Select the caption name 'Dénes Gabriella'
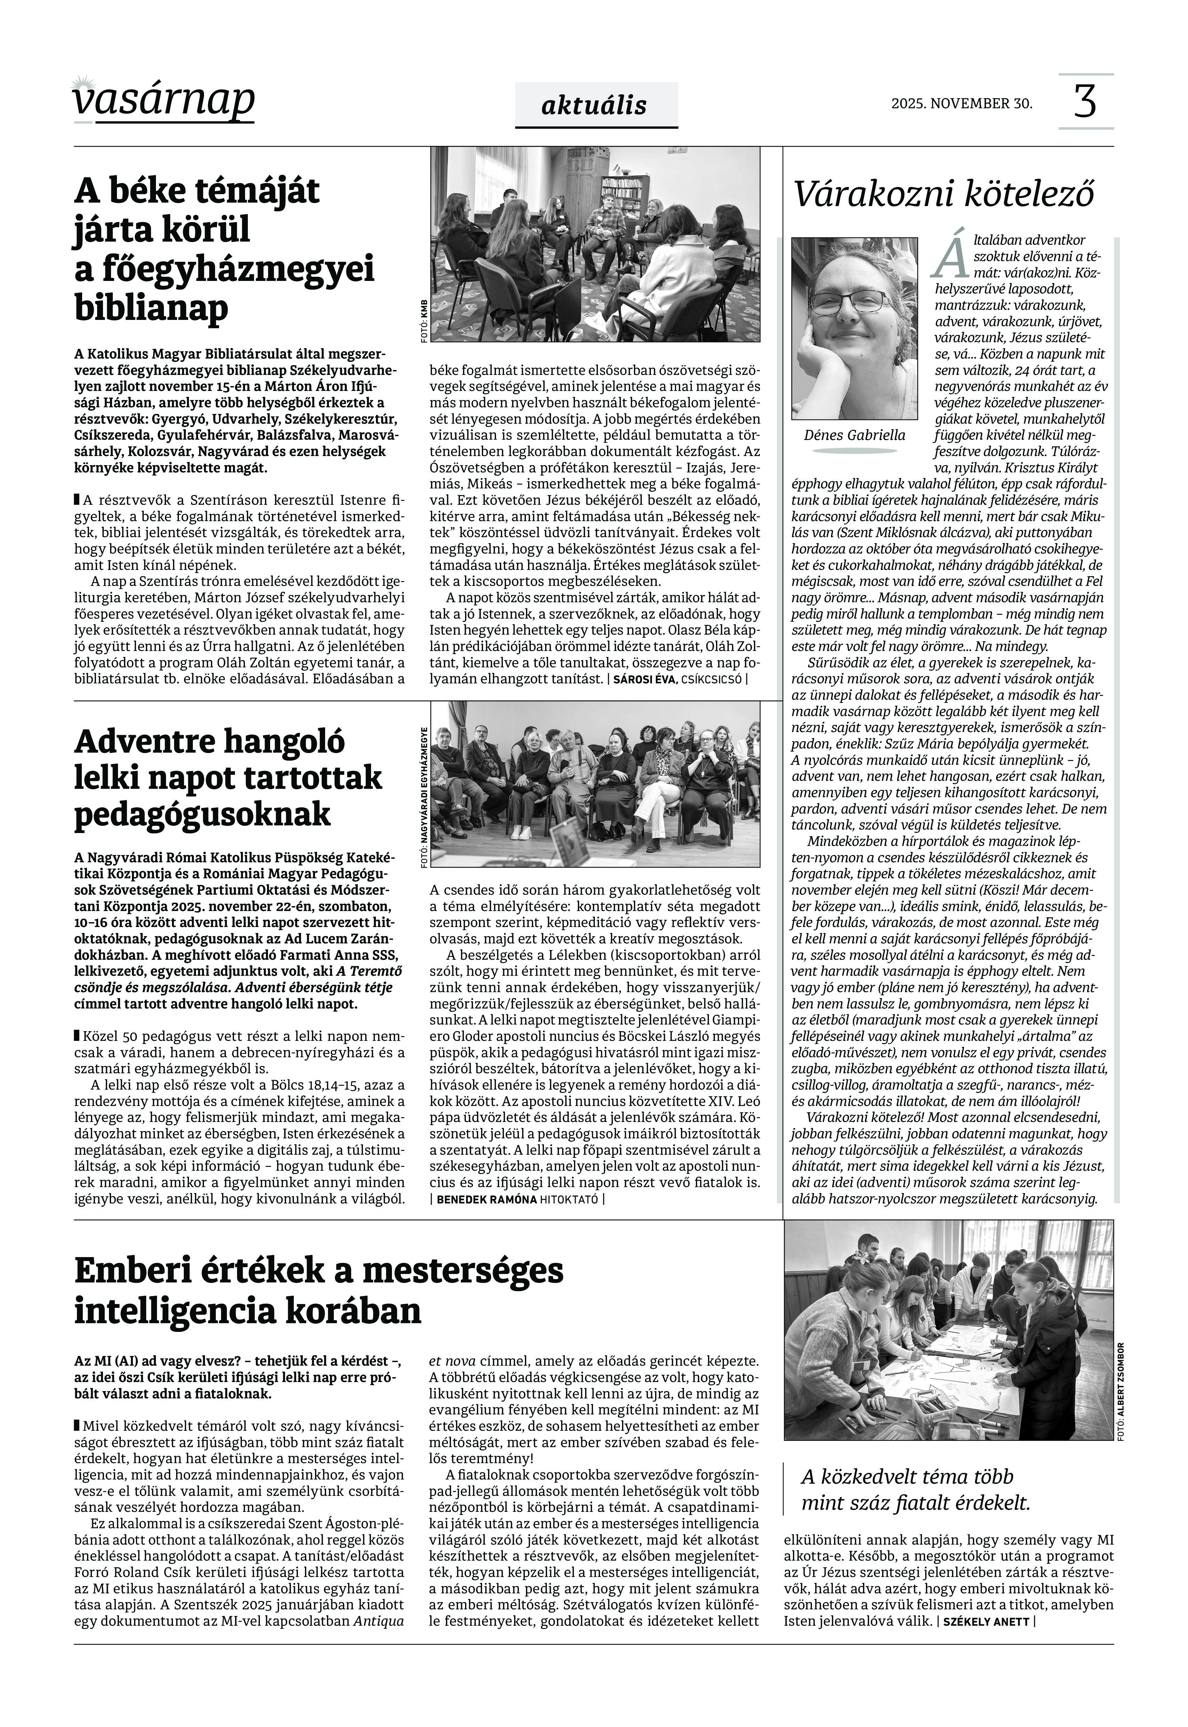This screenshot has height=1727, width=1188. [855, 435]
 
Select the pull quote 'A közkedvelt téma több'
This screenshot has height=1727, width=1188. [907, 1477]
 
